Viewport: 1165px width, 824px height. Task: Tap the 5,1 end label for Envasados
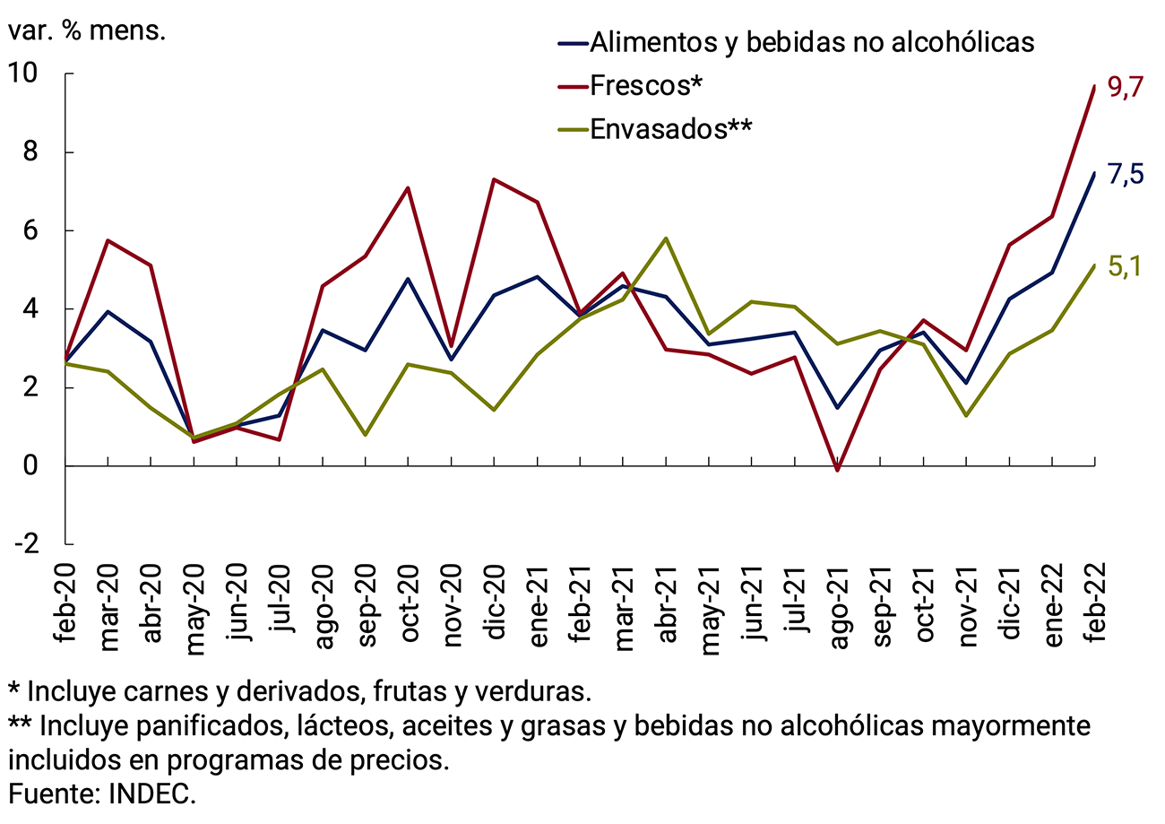pyautogui.click(x=1125, y=268)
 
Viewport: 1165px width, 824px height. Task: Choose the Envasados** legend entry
pyautogui.click(x=670, y=129)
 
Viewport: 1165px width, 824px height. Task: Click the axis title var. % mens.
pyautogui.click(x=88, y=31)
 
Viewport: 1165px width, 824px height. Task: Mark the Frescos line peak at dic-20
pyautogui.click(x=495, y=179)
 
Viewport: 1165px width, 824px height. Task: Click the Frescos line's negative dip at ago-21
pyautogui.click(x=838, y=470)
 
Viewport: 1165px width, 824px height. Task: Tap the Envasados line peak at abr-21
pyautogui.click(x=666, y=239)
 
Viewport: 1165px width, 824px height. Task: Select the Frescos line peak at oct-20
pyautogui.click(x=408, y=188)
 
